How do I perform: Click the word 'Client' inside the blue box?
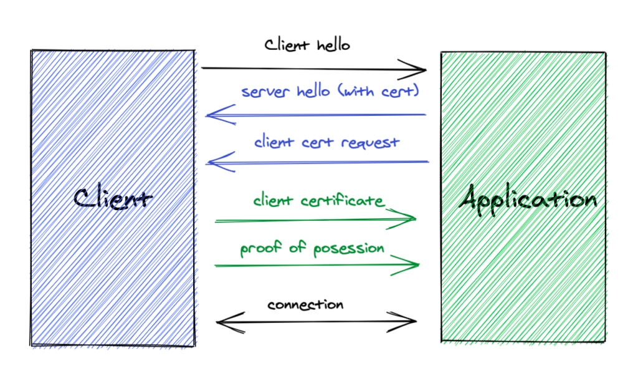tap(113, 199)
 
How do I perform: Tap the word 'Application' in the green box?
tap(528, 200)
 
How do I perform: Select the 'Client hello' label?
tap(307, 45)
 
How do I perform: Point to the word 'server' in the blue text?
tap(266, 92)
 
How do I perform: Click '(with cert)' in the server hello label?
tap(379, 91)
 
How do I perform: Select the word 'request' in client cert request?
tap(370, 143)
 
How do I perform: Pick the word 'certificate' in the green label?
tap(342, 200)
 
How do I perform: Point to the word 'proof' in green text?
tap(260, 248)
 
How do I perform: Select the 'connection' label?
tap(305, 304)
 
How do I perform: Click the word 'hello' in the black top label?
tap(333, 45)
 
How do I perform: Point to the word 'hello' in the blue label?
tap(313, 91)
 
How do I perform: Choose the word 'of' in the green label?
tap(297, 247)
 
